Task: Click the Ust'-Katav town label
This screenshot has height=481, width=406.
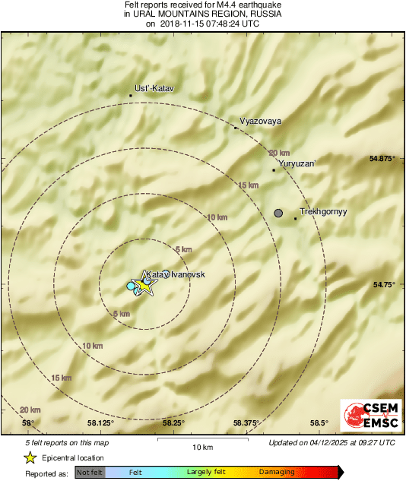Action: [154, 89]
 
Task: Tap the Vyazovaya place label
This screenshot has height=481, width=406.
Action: [261, 121]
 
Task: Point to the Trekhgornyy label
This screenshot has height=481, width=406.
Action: [323, 212]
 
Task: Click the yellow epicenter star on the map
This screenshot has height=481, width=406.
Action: [144, 285]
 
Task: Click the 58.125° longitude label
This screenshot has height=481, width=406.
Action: [100, 423]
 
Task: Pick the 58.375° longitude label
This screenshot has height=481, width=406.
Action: [246, 423]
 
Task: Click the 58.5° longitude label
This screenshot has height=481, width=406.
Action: [319, 423]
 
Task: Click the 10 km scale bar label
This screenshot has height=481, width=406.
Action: [201, 446]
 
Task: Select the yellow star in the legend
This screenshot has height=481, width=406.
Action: [30, 457]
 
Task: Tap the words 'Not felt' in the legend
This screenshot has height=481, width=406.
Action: [90, 473]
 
